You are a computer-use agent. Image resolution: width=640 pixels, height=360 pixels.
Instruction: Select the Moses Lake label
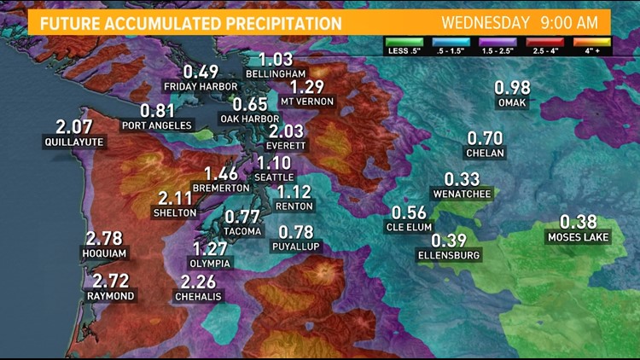coord(579,237)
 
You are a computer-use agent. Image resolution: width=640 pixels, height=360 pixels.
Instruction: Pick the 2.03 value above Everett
coord(286,131)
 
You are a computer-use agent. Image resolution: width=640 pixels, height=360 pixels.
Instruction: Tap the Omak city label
coord(513,103)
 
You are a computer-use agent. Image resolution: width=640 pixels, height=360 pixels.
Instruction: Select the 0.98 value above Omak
coord(513,87)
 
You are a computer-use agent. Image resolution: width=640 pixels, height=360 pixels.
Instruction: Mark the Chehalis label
coord(198,296)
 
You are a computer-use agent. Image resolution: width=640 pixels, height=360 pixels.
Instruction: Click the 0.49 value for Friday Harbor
coord(201,72)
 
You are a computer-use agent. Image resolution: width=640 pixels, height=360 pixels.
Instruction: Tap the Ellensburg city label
coord(450,255)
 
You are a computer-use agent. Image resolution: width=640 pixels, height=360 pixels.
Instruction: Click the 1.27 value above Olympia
coord(210,249)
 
